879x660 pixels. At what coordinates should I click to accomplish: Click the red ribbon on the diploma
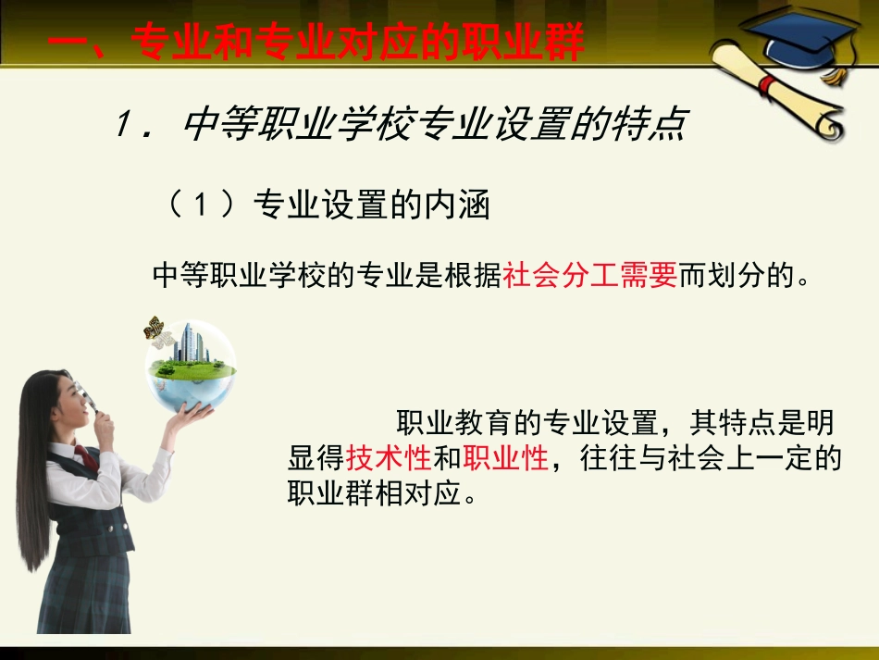point(766,85)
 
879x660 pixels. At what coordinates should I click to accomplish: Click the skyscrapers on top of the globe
point(190,342)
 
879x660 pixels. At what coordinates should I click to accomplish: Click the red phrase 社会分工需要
point(590,275)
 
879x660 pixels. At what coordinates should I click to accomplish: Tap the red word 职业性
point(506,458)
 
